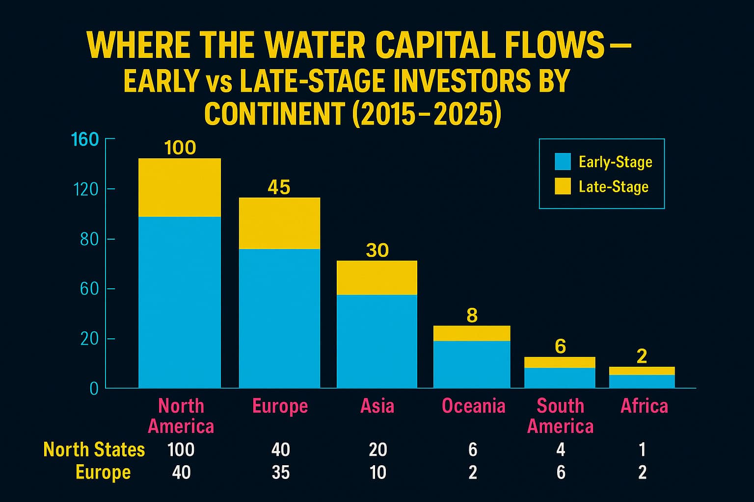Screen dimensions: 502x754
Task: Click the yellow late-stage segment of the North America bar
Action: point(180,187)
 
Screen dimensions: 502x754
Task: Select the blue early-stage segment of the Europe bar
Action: point(279,318)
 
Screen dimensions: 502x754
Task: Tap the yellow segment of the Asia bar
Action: point(377,277)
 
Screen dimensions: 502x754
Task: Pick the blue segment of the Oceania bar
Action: point(472,364)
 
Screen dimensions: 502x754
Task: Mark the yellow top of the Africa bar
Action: point(642,371)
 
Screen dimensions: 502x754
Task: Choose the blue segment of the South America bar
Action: point(560,377)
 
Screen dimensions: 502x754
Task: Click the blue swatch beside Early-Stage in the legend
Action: point(563,162)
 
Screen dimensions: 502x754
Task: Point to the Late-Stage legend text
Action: point(614,187)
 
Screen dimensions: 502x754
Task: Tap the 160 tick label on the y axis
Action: point(85,140)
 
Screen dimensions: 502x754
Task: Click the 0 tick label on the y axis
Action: point(94,389)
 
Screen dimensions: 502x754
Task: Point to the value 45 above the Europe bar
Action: point(279,187)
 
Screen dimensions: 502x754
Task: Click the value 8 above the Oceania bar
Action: point(472,316)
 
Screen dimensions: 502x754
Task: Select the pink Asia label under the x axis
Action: point(377,406)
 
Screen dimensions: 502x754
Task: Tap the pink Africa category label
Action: point(644,406)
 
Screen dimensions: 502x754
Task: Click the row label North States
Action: point(94,450)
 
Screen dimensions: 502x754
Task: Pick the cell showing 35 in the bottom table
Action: point(280,473)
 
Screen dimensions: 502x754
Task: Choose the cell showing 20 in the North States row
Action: point(378,450)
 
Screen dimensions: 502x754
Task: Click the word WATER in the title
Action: point(316,46)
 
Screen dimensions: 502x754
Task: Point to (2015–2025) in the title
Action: point(427,114)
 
